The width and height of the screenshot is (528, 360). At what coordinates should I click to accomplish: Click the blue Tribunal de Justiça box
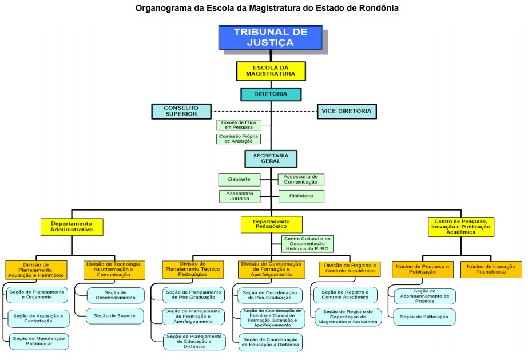pyautogui.click(x=271, y=38)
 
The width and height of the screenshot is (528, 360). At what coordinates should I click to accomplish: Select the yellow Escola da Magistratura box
pyautogui.click(x=271, y=70)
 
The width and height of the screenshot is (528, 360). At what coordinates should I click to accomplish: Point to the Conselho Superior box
pyautogui.click(x=181, y=111)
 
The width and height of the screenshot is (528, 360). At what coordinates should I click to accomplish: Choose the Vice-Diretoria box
pyautogui.click(x=347, y=111)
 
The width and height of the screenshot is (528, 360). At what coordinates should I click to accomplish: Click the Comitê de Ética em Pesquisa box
pyautogui.click(x=239, y=125)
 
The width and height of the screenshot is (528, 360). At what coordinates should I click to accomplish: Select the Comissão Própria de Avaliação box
pyautogui.click(x=239, y=139)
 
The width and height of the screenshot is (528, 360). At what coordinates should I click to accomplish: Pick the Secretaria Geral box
pyautogui.click(x=271, y=158)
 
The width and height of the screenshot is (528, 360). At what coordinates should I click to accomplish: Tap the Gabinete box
pyautogui.click(x=239, y=179)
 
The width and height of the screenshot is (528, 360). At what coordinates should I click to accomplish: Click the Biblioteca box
pyautogui.click(x=301, y=196)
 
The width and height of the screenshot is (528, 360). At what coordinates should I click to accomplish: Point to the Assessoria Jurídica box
pyautogui.click(x=239, y=196)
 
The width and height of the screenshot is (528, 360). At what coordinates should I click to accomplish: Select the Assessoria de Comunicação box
pyautogui.click(x=301, y=179)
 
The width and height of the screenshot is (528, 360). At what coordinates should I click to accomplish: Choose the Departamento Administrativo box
pyautogui.click(x=72, y=227)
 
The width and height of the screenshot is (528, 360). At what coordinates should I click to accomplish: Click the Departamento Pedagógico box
pyautogui.click(x=271, y=224)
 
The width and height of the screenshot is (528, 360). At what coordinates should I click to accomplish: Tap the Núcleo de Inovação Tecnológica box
pyautogui.click(x=491, y=269)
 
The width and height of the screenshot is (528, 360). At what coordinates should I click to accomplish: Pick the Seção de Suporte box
pyautogui.click(x=112, y=315)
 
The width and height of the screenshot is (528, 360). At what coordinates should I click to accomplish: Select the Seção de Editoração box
pyautogui.click(x=424, y=317)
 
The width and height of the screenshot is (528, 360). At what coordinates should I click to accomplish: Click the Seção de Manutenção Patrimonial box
pyautogui.click(x=38, y=341)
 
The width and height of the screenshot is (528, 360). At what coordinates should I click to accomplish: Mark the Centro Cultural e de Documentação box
pyautogui.click(x=307, y=244)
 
